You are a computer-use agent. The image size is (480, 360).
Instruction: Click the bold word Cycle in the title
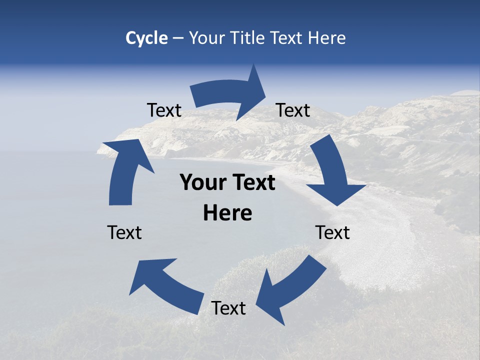pos(146,38)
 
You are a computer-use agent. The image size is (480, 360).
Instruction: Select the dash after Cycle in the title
pos(177,38)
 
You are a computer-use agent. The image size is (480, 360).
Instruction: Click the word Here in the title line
pos(327,38)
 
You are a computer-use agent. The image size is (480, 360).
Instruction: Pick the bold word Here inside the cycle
pos(227,213)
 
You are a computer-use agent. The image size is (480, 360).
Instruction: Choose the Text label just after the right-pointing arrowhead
pos(293,110)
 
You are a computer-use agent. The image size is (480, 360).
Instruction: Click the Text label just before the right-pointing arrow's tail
pos(164,110)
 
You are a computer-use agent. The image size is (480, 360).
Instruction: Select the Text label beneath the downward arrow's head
pos(333,233)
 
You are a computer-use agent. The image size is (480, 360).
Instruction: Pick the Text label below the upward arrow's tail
pos(124,233)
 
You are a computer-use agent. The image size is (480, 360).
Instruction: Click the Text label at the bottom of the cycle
pos(228,308)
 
